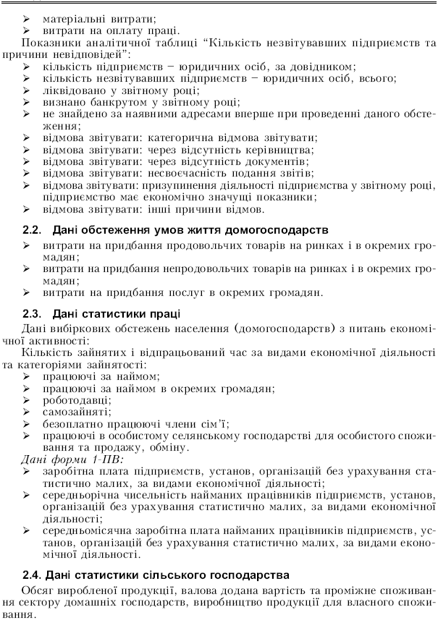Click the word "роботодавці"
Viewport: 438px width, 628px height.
click(x=76, y=400)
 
